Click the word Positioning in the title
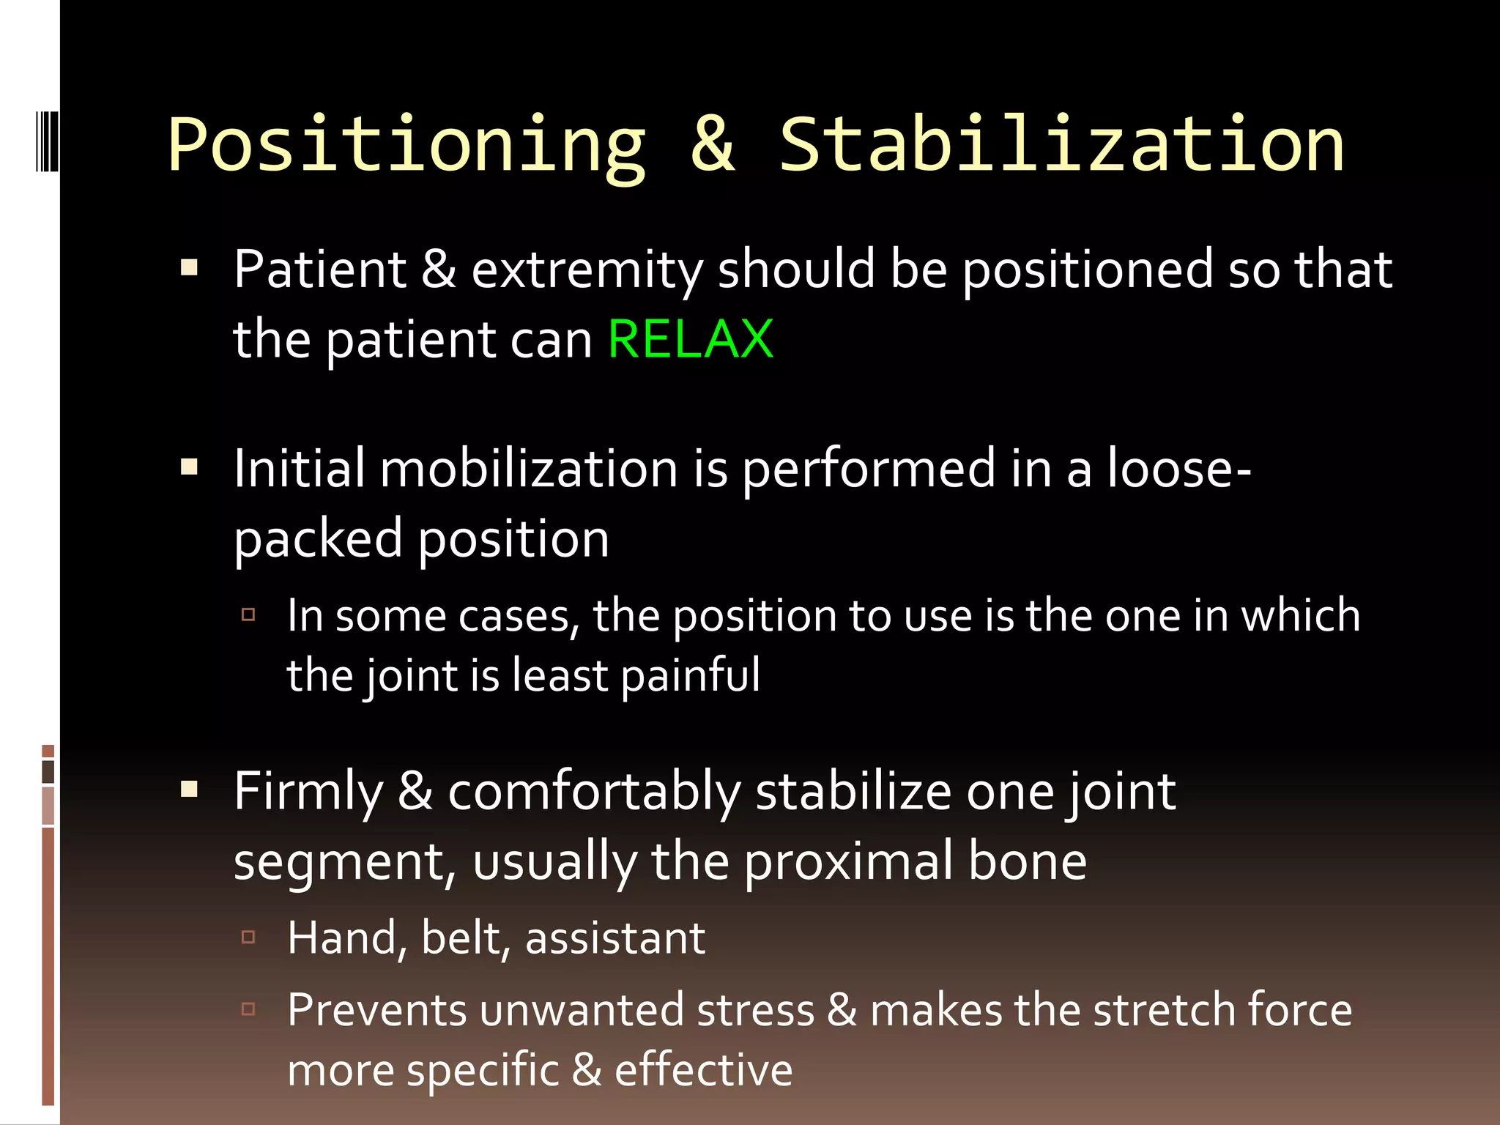pyautogui.click(x=406, y=145)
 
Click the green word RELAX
pyautogui.click(x=691, y=339)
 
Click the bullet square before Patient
pyautogui.click(x=190, y=268)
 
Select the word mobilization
pyautogui.click(x=529, y=469)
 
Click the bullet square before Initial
pyautogui.click(x=190, y=467)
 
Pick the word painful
pyautogui.click(x=691, y=676)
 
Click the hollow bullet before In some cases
pyautogui.click(x=248, y=615)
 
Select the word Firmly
pyautogui.click(x=308, y=792)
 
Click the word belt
pyautogui.click(x=465, y=938)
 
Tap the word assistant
pyautogui.click(x=615, y=938)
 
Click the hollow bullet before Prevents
pyautogui.click(x=248, y=1009)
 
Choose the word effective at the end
pyautogui.click(x=703, y=1070)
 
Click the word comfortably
pyautogui.click(x=594, y=792)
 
